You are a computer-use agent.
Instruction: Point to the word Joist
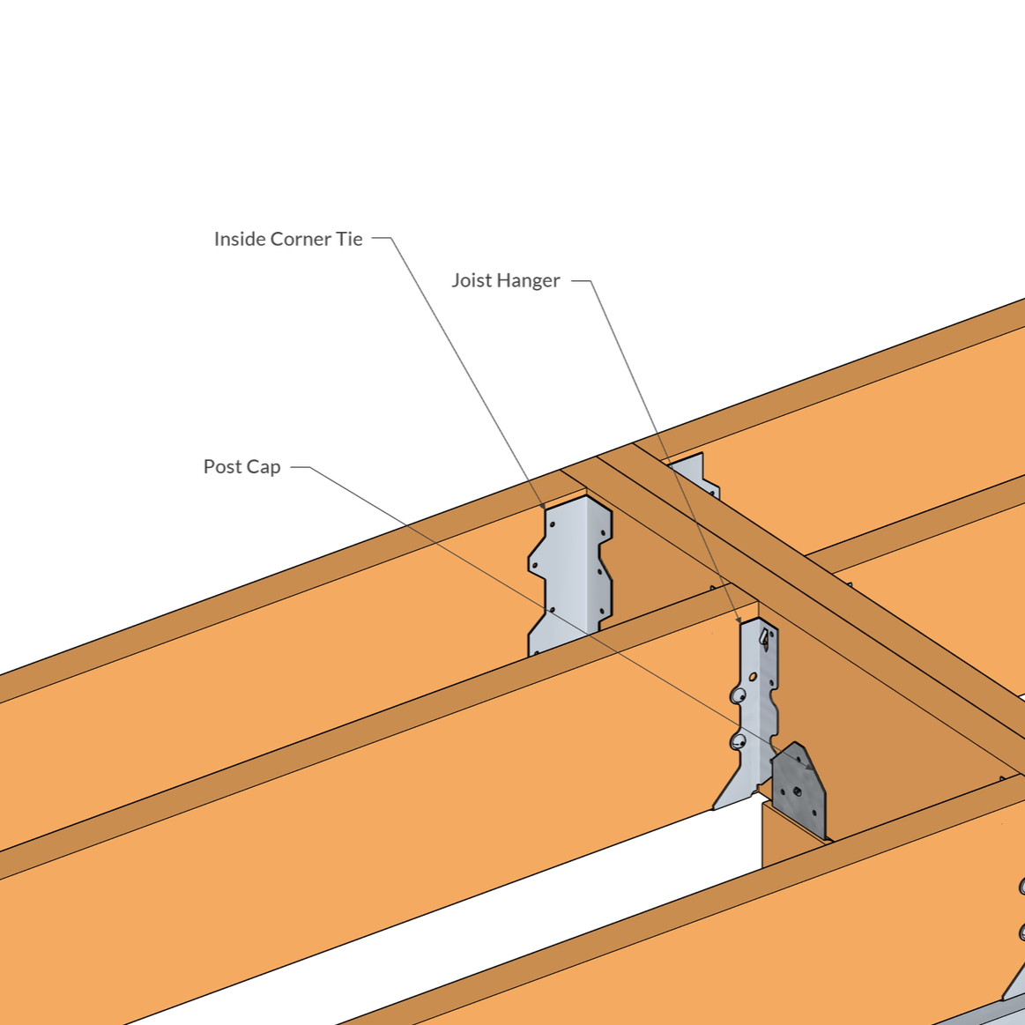[x=472, y=280]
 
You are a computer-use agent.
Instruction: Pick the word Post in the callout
[x=221, y=466]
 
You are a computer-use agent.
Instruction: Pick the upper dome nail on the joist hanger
[x=738, y=696]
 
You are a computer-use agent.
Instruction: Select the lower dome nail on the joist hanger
[x=738, y=741]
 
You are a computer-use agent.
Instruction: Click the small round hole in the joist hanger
[x=753, y=677]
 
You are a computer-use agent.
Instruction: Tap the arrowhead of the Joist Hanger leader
[x=738, y=620]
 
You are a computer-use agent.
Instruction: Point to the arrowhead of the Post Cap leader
[x=812, y=767]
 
